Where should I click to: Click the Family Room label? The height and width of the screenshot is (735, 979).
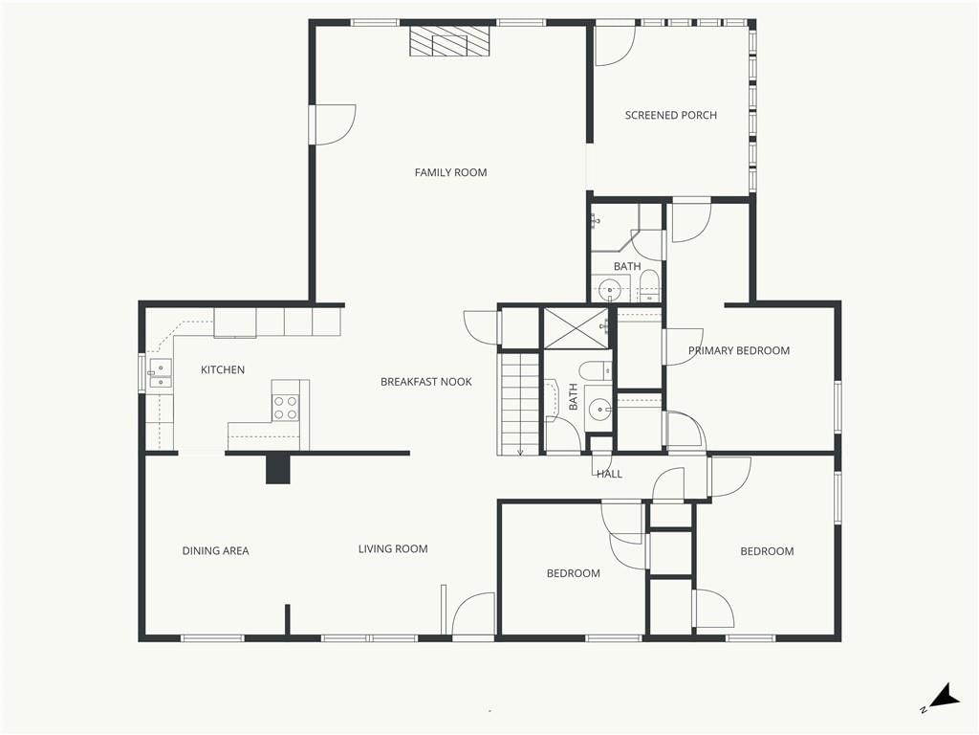click(x=451, y=172)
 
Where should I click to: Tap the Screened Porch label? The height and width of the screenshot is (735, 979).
click(x=670, y=115)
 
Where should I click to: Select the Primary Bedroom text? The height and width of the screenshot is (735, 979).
click(x=739, y=350)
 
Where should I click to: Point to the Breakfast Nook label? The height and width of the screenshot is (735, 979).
click(x=426, y=382)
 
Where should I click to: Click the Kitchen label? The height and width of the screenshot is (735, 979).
click(x=222, y=370)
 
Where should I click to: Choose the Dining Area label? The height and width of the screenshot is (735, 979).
click(x=215, y=550)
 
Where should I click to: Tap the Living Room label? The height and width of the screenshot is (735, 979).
click(x=393, y=548)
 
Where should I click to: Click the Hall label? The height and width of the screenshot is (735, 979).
click(x=609, y=474)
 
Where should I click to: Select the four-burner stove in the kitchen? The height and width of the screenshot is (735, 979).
click(x=285, y=408)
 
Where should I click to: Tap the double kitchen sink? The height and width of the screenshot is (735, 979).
click(x=160, y=373)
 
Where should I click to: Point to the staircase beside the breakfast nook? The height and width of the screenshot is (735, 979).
click(x=518, y=404)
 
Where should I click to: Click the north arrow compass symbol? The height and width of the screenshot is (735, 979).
click(x=942, y=698)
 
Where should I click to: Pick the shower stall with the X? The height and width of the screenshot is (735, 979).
click(x=575, y=328)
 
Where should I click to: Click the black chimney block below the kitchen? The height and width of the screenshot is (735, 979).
click(x=278, y=469)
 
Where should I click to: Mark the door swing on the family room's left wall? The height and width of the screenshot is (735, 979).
click(x=334, y=125)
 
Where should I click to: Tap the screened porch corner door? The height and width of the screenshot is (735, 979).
click(x=615, y=45)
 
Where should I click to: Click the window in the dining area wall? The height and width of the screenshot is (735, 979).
click(x=212, y=638)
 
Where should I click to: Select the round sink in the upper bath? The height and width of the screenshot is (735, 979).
click(x=607, y=290)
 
